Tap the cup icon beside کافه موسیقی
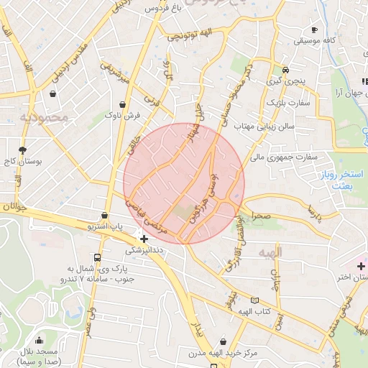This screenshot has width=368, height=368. coord(314,29)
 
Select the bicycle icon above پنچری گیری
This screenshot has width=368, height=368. coord(286,70)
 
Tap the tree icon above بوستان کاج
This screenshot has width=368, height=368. coord(23,149)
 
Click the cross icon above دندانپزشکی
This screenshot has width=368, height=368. coord(144,238)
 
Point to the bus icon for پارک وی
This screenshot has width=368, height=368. coord(97,257)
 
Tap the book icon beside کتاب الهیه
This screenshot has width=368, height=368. coord(253,300)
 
